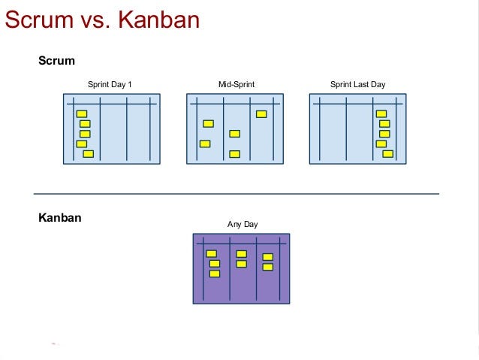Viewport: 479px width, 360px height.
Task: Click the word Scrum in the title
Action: click(x=39, y=20)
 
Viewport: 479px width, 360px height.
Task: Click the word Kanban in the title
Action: click(x=159, y=20)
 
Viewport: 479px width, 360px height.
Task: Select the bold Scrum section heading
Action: click(x=56, y=61)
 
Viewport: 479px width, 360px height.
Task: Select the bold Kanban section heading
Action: click(x=60, y=218)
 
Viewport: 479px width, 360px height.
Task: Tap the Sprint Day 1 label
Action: click(x=110, y=84)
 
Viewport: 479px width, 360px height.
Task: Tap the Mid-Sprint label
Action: click(x=236, y=84)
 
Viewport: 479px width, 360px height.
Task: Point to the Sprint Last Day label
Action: click(x=357, y=84)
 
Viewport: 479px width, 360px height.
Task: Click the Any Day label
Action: click(x=243, y=224)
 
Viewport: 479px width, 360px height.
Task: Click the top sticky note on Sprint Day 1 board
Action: click(x=82, y=113)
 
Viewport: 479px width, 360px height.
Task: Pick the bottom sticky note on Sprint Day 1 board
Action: click(x=89, y=154)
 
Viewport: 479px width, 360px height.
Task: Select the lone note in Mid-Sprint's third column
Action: click(x=261, y=114)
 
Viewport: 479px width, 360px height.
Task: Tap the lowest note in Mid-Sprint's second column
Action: click(x=234, y=154)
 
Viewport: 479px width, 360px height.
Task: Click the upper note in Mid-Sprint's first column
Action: click(x=208, y=123)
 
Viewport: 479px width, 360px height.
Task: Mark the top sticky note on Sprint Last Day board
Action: click(x=381, y=113)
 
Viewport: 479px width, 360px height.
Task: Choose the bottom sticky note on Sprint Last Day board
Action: click(x=388, y=154)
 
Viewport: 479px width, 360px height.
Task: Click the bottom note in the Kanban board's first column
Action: click(x=215, y=274)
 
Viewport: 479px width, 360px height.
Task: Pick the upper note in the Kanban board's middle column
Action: click(x=241, y=254)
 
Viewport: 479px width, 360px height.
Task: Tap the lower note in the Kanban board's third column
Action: click(x=268, y=267)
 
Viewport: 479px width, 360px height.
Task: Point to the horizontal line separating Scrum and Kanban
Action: click(x=236, y=194)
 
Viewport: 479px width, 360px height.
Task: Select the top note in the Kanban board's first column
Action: click(x=212, y=253)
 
